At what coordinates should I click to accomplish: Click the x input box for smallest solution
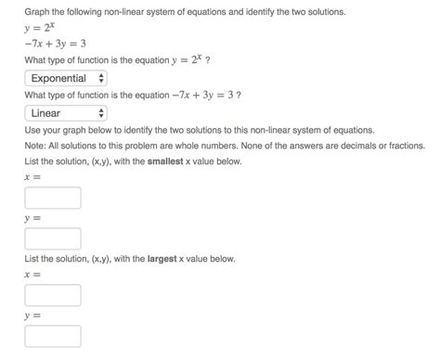click(x=53, y=198)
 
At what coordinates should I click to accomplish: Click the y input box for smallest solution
click(x=53, y=238)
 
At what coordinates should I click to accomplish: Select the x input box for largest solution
click(x=53, y=295)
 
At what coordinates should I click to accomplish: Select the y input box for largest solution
click(x=53, y=336)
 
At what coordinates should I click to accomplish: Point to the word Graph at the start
click(x=38, y=12)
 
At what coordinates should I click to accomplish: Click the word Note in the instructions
click(x=36, y=145)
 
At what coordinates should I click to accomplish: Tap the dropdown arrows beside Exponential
click(x=101, y=78)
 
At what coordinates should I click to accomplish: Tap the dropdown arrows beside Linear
click(x=101, y=113)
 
